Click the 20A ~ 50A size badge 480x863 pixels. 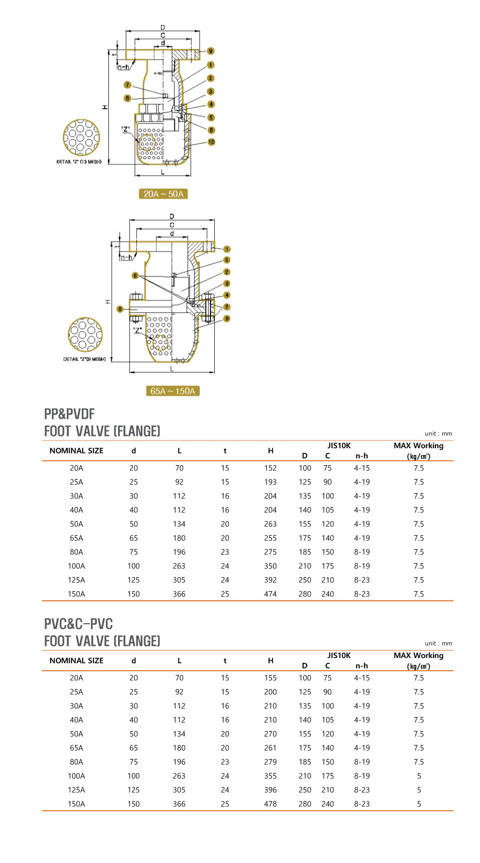(x=163, y=194)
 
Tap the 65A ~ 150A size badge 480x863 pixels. (x=173, y=391)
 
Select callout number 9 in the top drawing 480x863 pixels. (x=210, y=51)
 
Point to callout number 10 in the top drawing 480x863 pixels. (x=211, y=142)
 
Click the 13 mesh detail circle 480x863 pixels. (x=81, y=138)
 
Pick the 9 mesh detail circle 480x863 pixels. (x=85, y=334)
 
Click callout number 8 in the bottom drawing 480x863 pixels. (x=120, y=309)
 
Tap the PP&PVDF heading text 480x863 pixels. (x=69, y=414)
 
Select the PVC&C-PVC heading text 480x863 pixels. (x=78, y=624)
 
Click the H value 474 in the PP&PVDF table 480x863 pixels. (x=270, y=594)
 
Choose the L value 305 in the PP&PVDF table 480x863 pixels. (x=179, y=580)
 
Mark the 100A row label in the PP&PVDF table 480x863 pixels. (x=76, y=566)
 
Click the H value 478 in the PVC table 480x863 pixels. (x=270, y=804)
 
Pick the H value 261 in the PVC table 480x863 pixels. (x=270, y=748)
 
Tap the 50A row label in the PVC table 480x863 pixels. (x=76, y=734)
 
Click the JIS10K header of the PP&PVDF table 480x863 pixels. (x=339, y=446)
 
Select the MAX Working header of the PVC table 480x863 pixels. (x=419, y=656)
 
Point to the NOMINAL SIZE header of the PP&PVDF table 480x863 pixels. (x=76, y=451)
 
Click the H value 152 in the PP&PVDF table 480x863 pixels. (x=270, y=468)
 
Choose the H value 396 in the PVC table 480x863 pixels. (x=270, y=790)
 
